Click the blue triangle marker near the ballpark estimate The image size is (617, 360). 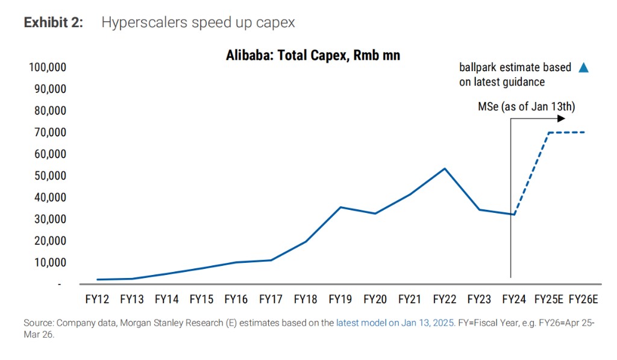583,68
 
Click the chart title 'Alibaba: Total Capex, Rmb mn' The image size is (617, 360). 313,55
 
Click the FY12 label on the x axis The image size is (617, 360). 98,298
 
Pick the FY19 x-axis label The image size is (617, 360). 340,298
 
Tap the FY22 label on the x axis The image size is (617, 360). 445,298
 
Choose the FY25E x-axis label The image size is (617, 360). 548,298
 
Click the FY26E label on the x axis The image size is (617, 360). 583,298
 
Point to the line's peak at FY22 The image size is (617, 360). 445,168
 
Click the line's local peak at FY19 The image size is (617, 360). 340,207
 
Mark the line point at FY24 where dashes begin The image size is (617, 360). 514,214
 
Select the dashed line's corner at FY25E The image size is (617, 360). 548,133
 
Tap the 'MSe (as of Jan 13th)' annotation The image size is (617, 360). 527,107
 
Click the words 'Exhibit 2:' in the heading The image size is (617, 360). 53,23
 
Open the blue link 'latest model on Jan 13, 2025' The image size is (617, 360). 395,323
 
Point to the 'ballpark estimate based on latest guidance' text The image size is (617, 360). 515,74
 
